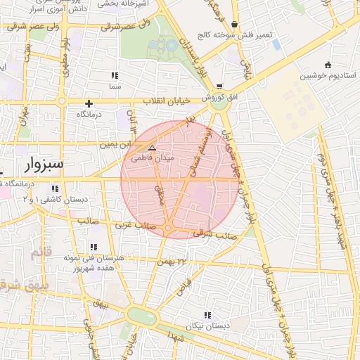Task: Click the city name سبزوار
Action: tap(43, 165)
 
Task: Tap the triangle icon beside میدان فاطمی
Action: tap(152, 148)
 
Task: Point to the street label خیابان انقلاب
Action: tap(167, 102)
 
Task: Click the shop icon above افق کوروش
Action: tap(220, 86)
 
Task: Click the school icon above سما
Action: tap(115, 75)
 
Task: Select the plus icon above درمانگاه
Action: tap(89, 103)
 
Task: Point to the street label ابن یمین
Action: tap(116, 145)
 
